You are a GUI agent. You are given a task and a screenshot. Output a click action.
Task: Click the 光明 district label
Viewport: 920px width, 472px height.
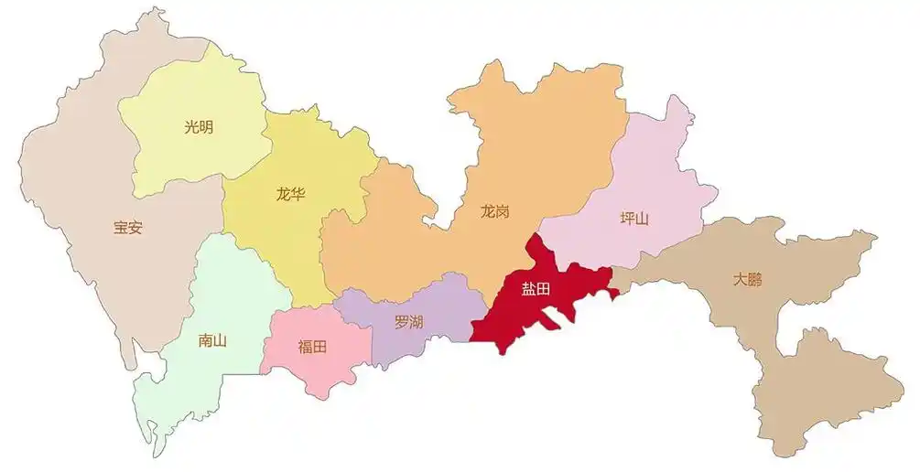tap(199, 127)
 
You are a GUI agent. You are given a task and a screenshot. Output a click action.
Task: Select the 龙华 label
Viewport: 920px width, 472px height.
tap(290, 194)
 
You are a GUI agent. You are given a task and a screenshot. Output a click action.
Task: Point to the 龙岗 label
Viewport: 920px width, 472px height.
tap(494, 211)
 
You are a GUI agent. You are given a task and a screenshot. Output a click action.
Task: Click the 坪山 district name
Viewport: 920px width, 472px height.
tap(633, 219)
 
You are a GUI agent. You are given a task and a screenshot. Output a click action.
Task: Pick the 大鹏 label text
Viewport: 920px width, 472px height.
tap(747, 279)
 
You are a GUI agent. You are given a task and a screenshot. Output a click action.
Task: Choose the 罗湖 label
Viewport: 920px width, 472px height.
tap(408, 322)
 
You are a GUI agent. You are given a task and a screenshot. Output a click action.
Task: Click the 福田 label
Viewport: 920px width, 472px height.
tap(312, 347)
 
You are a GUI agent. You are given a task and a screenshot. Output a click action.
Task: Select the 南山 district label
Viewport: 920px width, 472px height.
tap(211, 340)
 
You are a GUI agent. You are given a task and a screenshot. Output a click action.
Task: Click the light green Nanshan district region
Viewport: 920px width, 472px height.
tap(229, 293)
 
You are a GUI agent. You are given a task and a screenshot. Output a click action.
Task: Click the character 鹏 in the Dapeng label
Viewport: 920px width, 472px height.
tap(754, 279)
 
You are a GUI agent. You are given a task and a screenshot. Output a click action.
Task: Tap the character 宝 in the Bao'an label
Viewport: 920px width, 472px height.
tap(120, 229)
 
